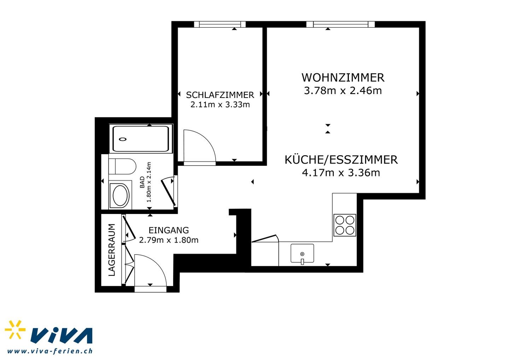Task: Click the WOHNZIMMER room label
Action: [343, 78]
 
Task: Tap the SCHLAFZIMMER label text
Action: [220, 95]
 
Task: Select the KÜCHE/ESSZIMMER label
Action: [341, 159]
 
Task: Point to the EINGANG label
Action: [169, 230]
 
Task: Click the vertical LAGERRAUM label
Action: [112, 250]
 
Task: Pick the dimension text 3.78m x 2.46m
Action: [343, 91]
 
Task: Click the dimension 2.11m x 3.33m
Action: [220, 105]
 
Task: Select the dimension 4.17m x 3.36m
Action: [341, 173]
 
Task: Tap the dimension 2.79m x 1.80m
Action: [169, 240]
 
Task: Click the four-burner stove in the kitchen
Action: [345, 225]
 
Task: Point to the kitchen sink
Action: [302, 254]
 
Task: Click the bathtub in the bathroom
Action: [141, 139]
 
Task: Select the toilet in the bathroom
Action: [122, 167]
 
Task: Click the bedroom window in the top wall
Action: [220, 24]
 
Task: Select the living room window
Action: [341, 24]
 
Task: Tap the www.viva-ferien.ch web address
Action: [50, 351]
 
